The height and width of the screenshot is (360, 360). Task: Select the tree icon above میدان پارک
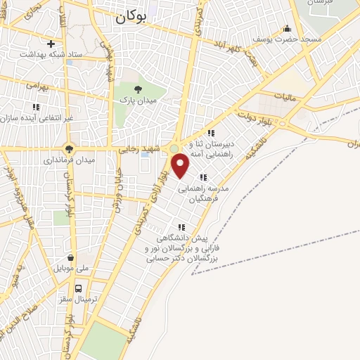point(138,89)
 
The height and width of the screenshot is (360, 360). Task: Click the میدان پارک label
point(139,101)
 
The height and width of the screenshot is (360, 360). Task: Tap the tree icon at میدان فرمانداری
point(69,148)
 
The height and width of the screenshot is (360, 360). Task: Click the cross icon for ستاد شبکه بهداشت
point(51,44)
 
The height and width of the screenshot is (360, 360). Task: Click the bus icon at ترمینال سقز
point(79,288)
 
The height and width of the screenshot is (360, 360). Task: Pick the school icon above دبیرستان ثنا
point(211,132)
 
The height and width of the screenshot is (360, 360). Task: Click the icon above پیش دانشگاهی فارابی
point(182,227)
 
